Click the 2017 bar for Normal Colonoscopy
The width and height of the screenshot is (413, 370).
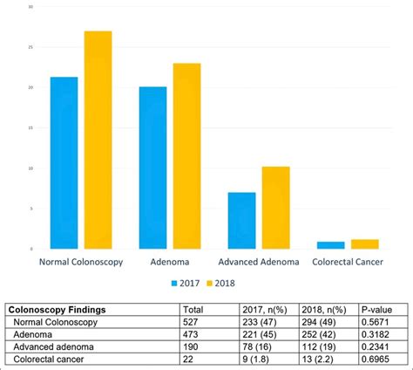point(64,163)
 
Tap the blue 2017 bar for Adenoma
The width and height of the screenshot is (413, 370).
point(152,168)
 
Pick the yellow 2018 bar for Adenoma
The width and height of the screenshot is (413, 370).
point(186,156)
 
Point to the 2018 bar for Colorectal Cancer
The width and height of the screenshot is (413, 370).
point(364,243)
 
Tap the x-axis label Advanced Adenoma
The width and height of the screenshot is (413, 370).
point(259,262)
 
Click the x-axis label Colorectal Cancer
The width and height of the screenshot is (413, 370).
point(348,262)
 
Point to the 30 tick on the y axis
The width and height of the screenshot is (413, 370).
point(31,7)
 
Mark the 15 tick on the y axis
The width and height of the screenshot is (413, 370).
point(31,128)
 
